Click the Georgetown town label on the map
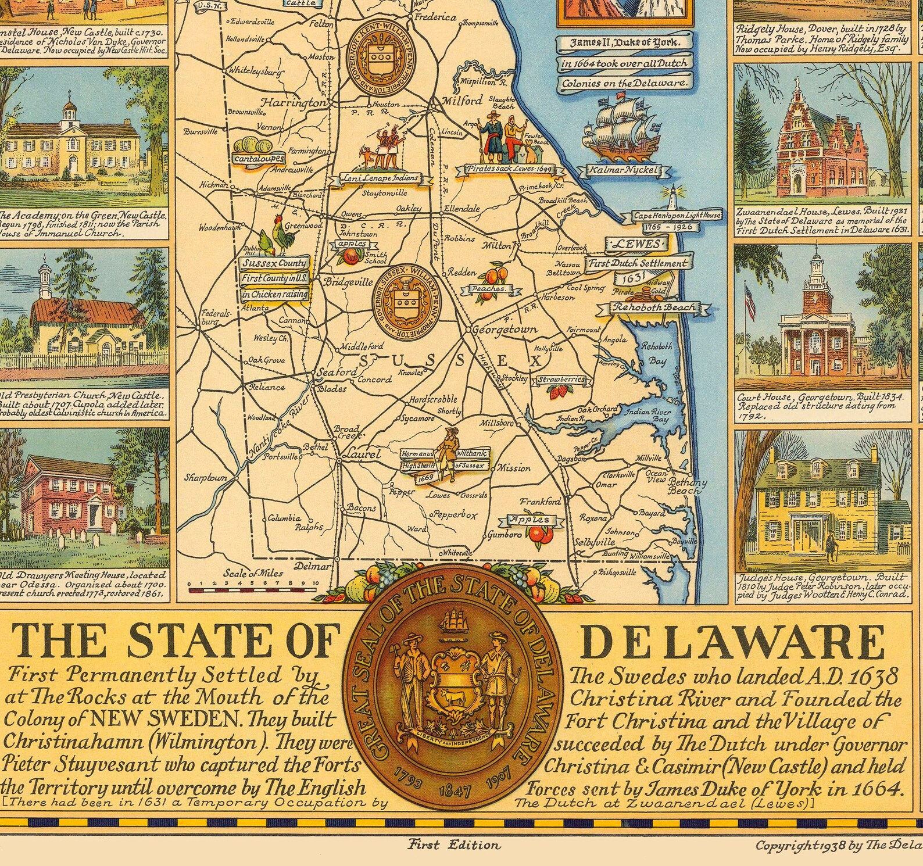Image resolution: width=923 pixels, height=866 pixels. [x=505, y=330]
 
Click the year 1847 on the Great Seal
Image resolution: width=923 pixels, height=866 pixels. [x=456, y=791]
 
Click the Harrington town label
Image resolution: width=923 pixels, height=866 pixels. [x=294, y=102]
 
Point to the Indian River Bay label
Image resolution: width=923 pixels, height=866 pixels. [x=653, y=415]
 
